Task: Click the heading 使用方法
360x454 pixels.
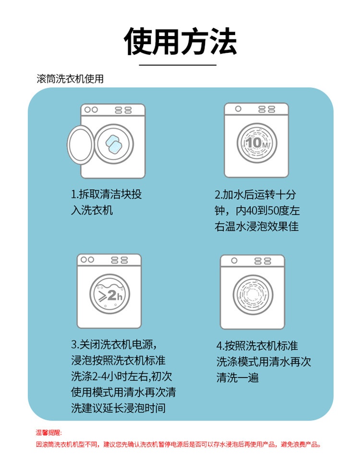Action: click(180, 41)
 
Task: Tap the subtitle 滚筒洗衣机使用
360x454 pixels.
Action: click(70, 79)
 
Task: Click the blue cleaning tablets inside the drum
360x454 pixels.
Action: click(114, 144)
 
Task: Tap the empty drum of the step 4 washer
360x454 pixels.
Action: click(253, 295)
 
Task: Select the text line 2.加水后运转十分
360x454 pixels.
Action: click(255, 194)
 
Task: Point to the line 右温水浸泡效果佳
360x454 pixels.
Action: click(257, 227)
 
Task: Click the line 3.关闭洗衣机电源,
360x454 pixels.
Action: click(114, 345)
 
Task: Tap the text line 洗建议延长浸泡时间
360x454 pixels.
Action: click(119, 408)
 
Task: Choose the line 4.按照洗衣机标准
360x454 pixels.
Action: click(257, 346)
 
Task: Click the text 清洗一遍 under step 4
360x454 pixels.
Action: click(238, 378)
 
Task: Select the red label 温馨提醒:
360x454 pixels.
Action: click(48, 432)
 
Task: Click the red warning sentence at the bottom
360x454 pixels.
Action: click(179, 444)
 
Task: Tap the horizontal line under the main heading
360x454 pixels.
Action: click(178, 65)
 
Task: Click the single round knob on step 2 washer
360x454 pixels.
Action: click(238, 109)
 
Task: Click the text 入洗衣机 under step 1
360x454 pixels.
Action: click(92, 210)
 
